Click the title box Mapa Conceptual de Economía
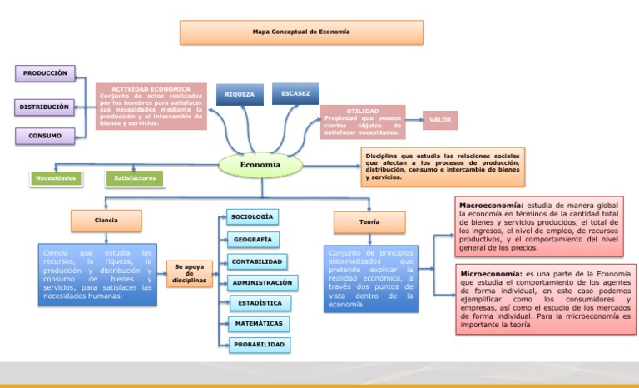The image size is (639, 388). pyautogui.click(x=301, y=32)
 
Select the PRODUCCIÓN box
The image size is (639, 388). pyautogui.click(x=45, y=73)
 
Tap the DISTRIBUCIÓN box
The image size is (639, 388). pyautogui.click(x=45, y=107)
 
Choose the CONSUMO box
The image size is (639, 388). pyautogui.click(x=45, y=135)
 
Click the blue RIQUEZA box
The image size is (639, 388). pyautogui.click(x=240, y=95)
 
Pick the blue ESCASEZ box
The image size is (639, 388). pyautogui.click(x=295, y=94)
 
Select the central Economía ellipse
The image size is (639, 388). pyautogui.click(x=260, y=165)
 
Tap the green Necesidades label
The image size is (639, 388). pyautogui.click(x=56, y=177)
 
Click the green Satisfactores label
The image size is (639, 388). pyautogui.click(x=135, y=177)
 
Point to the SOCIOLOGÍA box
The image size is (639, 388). pyautogui.click(x=252, y=217)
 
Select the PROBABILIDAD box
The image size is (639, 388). pyautogui.click(x=260, y=344)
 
